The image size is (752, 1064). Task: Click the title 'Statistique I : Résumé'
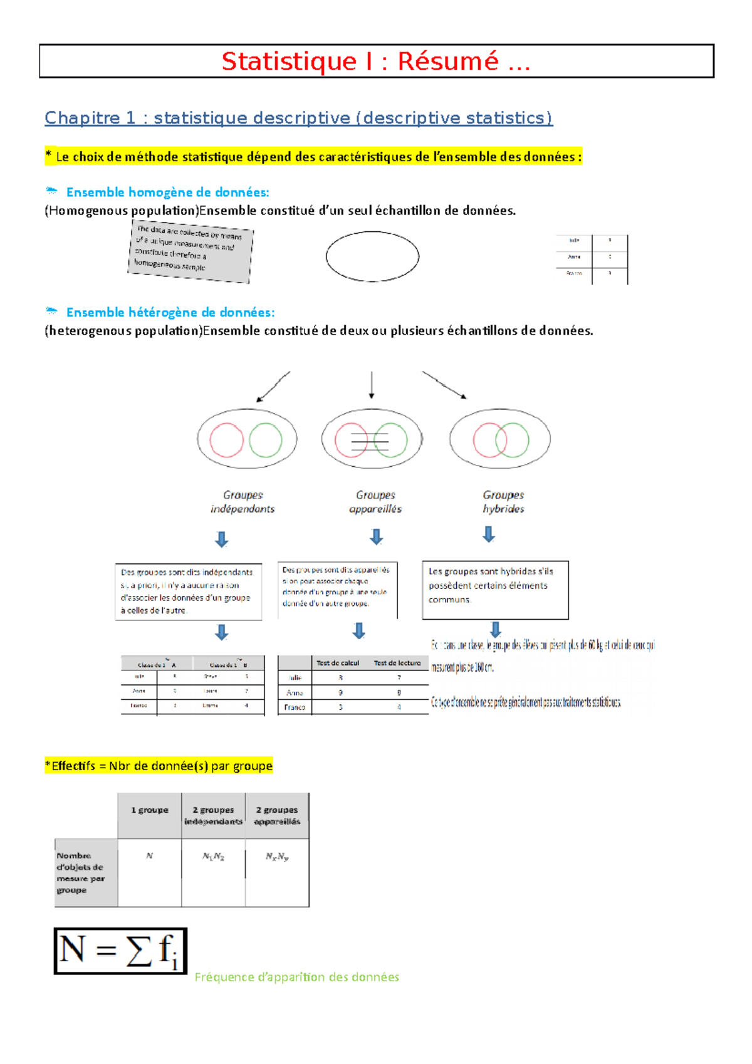click(376, 61)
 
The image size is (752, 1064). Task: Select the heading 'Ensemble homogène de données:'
click(167, 192)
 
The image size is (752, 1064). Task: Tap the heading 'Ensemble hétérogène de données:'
click(170, 312)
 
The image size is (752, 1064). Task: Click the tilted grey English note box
click(191, 251)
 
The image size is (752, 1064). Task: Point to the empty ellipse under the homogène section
click(372, 256)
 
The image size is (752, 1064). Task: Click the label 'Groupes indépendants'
click(243, 502)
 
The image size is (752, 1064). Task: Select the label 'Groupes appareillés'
click(375, 502)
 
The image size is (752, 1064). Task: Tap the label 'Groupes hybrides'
click(503, 502)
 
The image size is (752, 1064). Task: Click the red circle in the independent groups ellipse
click(226, 440)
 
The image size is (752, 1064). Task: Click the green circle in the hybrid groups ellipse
click(512, 440)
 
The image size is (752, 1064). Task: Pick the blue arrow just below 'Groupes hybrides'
click(489, 534)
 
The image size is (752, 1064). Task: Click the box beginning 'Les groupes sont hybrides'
click(495, 589)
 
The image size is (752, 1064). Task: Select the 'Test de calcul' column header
click(338, 663)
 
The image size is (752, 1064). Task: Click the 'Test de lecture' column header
click(397, 663)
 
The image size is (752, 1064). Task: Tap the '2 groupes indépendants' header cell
click(213, 815)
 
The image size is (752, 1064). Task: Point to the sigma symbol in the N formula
click(138, 951)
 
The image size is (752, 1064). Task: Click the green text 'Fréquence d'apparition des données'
click(296, 977)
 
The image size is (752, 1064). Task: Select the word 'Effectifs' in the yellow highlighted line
click(73, 766)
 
